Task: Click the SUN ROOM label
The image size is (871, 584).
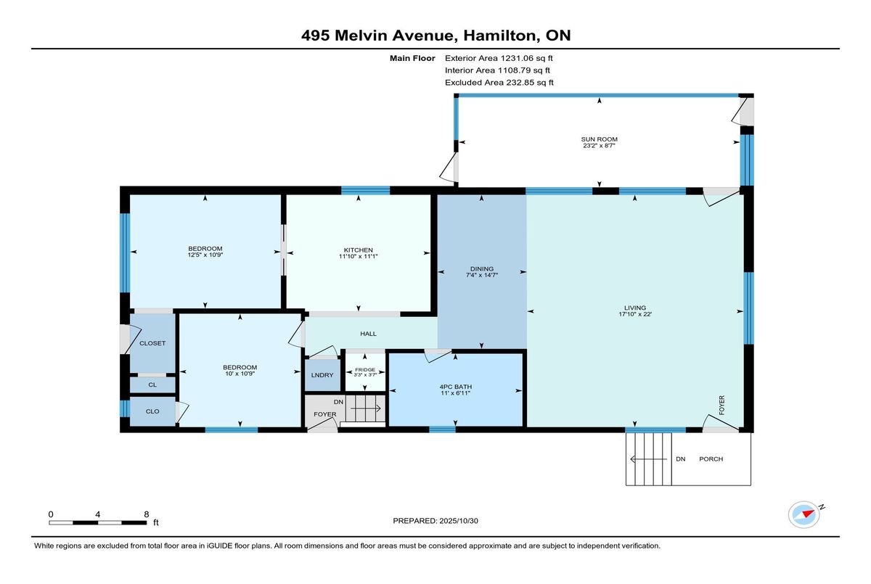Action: [x=600, y=139]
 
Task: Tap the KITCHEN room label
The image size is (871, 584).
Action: [x=358, y=250]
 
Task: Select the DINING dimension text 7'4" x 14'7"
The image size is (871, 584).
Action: [x=482, y=275]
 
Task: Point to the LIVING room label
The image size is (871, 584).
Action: [x=635, y=308]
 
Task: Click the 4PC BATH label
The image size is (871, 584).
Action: [x=455, y=387]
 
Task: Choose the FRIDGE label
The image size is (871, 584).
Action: [x=365, y=369]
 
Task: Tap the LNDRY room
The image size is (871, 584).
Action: [x=322, y=375]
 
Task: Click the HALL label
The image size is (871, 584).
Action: [x=368, y=334]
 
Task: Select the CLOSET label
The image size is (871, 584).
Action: [x=152, y=343]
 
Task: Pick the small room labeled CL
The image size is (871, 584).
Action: [x=152, y=384]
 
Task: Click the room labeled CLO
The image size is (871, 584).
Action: [x=152, y=411]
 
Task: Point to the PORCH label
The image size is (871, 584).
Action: [x=711, y=459]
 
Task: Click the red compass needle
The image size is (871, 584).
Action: [x=809, y=514]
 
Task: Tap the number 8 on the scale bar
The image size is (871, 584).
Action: [x=147, y=514]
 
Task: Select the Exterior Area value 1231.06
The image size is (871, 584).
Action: [x=517, y=58]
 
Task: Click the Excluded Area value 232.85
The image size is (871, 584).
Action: [x=520, y=83]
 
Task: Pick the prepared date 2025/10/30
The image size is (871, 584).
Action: [x=459, y=521]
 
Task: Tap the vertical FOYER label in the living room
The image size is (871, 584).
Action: [x=721, y=405]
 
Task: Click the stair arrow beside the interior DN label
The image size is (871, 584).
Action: [x=366, y=408]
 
